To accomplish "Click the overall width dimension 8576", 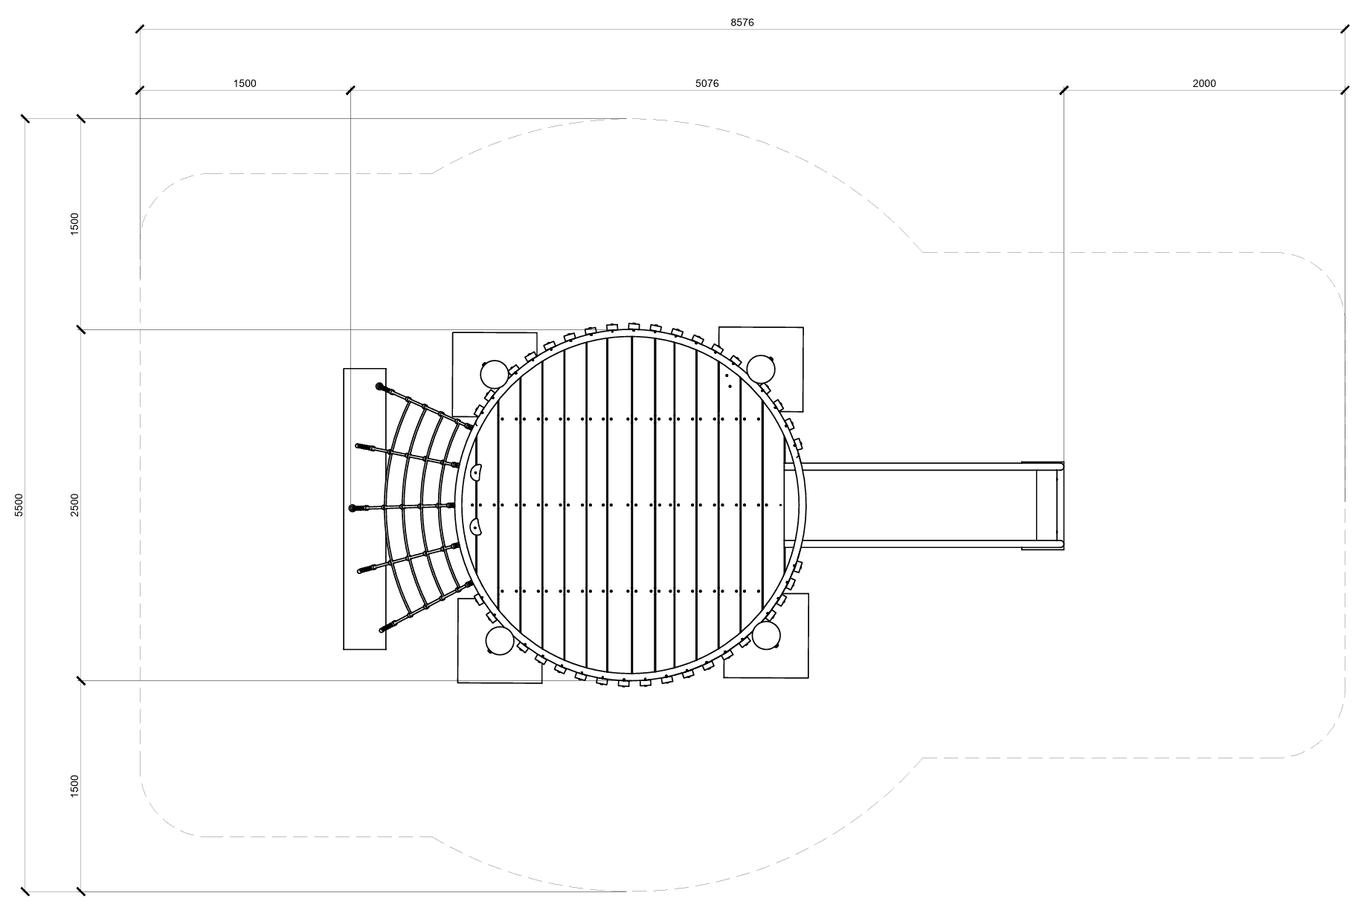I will point(742,22).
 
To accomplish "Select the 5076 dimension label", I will point(707,83).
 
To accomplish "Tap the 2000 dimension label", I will point(1204,83).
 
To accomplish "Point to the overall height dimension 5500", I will point(19,505).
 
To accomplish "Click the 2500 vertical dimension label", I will point(74,505).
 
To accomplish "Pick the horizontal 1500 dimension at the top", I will point(245,83).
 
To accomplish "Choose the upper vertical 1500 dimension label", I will point(74,224).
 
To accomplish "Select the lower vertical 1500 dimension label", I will point(74,786).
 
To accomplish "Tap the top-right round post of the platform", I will point(761,370).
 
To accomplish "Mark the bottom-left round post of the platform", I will point(500,640).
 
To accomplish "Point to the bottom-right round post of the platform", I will point(766,636).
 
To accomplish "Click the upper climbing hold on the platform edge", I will point(477,471).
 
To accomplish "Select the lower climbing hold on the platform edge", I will point(476,529).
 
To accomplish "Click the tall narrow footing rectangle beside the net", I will point(364,509).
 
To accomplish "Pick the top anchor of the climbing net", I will point(381,387).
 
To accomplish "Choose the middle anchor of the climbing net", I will point(353,508).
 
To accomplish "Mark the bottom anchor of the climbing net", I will point(384,629).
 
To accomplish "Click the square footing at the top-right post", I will point(781,349).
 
